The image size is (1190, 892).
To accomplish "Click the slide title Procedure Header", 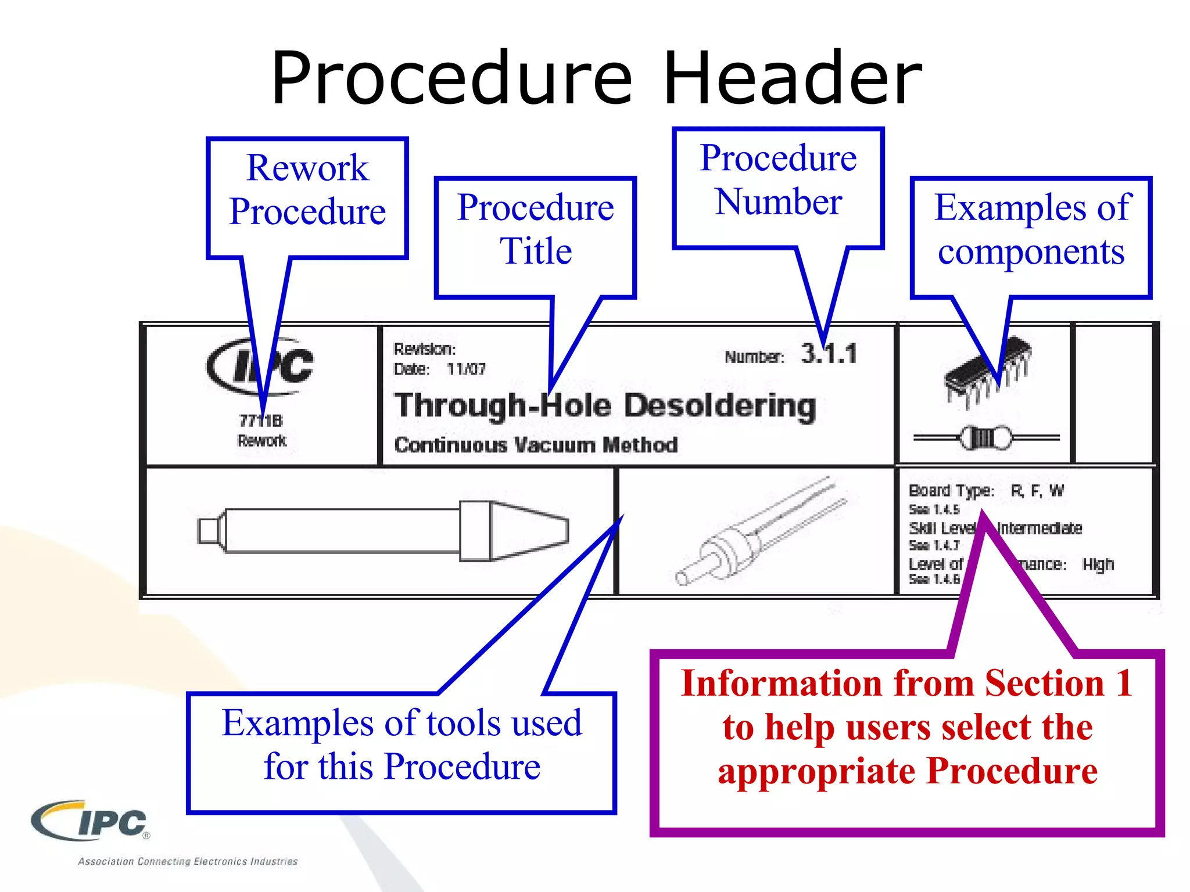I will [596, 78].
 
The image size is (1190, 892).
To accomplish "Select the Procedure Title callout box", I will [535, 230].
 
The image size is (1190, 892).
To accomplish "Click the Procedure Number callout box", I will [778, 181].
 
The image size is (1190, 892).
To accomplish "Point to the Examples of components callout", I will [1031, 230].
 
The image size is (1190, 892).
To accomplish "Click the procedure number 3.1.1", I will [829, 354].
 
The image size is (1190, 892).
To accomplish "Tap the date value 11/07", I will [466, 369].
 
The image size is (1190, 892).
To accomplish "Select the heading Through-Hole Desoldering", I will [605, 406].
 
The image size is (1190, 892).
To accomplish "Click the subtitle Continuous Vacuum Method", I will [536, 445].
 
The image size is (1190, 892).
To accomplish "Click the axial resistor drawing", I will [986, 438].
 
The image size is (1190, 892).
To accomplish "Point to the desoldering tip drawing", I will [383, 531].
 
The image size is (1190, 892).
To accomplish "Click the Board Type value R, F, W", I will [1037, 491].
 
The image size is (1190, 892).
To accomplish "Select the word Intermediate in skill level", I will [1040, 528].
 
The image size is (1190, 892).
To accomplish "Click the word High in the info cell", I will [1098, 564].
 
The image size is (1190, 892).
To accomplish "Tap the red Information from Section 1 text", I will [907, 727].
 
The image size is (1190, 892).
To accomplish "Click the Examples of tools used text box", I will [402, 745].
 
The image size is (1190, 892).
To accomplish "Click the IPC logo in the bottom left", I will [90, 821].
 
